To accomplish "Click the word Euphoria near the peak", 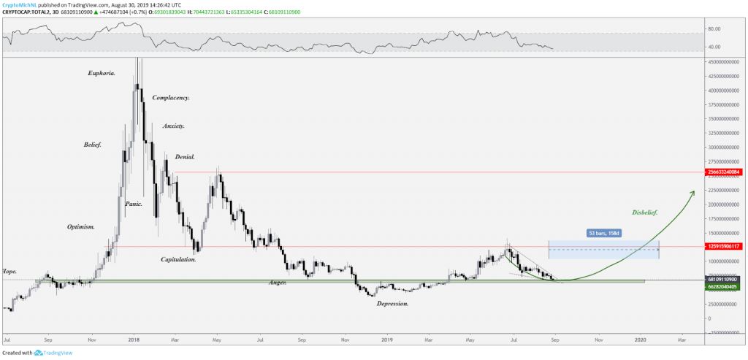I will (101, 73).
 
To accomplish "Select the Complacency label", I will (171, 98).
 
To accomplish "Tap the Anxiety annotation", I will (173, 126).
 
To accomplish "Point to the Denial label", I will (185, 157).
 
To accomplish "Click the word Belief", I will (92, 145).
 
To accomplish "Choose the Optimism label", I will (80, 227).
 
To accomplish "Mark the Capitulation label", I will (179, 259).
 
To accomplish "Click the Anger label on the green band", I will (277, 282).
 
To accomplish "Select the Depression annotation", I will (392, 303).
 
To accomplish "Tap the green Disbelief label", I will (644, 212).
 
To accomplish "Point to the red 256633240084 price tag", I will (724, 172).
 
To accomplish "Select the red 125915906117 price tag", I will (724, 247).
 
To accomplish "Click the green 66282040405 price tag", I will (724, 286).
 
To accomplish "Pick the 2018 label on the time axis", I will (134, 340).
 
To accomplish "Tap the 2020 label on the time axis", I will (641, 340).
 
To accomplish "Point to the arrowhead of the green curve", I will (692, 191).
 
